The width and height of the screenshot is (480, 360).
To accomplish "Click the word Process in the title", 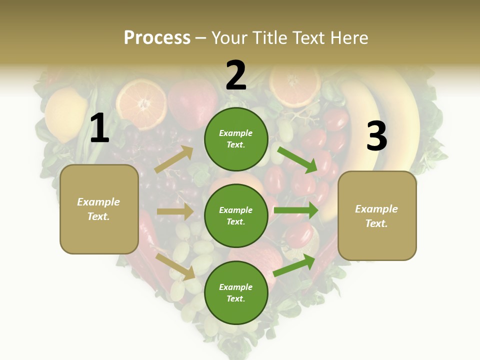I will (157, 38).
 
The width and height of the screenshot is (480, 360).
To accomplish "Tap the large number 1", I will (99, 128).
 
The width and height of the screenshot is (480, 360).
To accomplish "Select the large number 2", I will (236, 75).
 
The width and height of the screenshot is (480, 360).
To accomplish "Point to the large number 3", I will (376, 136).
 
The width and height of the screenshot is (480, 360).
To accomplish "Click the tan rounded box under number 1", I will (99, 209).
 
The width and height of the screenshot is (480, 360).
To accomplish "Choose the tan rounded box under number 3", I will (377, 216).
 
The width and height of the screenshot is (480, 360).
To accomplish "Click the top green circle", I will (236, 139).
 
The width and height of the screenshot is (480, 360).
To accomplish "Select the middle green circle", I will (236, 215).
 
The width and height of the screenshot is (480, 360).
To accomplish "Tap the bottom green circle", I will (236, 292).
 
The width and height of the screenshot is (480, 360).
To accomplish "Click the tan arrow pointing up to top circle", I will (174, 159).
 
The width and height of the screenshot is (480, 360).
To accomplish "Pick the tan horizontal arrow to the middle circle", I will (175, 211).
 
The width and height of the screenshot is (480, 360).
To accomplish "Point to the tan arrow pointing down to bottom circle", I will (175, 266).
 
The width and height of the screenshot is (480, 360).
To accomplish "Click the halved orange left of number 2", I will (141, 104).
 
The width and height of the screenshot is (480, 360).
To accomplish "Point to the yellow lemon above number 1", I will (66, 114).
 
